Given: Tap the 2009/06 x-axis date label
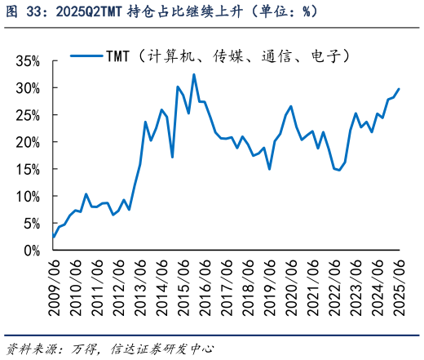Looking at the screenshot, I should coord(53,286).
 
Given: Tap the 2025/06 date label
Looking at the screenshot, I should coord(399,286).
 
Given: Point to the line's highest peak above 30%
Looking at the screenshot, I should coord(194,74).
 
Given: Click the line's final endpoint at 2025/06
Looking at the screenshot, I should coord(399,89).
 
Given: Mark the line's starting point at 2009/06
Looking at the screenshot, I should coord(53,238).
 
